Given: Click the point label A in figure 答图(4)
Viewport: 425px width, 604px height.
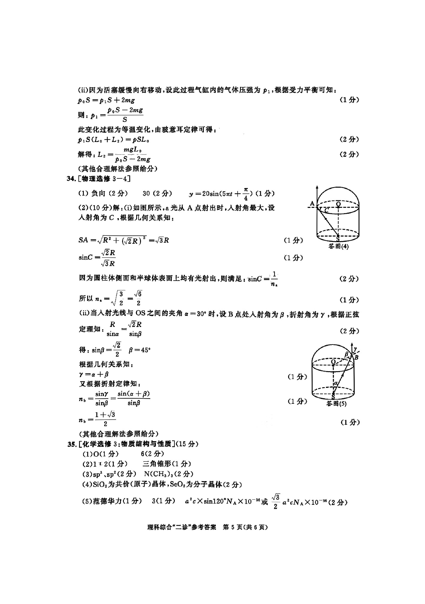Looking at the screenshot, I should click(x=312, y=204).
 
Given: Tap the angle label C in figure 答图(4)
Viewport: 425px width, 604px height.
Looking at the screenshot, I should click(x=327, y=210).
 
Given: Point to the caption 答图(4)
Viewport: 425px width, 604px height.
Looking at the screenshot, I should click(x=338, y=247).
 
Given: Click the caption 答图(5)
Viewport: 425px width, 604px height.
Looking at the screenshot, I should click(x=336, y=403).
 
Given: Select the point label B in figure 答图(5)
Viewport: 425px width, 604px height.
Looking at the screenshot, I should click(x=356, y=357).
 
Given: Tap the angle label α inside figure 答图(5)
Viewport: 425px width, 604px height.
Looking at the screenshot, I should click(x=336, y=383).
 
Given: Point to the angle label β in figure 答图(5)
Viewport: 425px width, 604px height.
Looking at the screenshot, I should click(x=347, y=354).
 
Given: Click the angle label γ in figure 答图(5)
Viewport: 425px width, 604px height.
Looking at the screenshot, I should click(x=355, y=348).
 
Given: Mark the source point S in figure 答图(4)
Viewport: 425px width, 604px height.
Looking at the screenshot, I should click(x=338, y=239).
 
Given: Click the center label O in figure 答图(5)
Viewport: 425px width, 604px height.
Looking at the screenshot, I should click(x=333, y=362).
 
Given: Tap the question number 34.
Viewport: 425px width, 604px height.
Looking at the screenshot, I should click(x=71, y=179).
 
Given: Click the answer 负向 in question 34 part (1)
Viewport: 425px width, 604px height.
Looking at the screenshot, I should click(x=98, y=193).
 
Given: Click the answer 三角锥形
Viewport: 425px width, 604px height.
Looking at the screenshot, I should click(x=157, y=464).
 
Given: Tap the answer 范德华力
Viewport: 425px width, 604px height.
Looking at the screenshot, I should click(x=107, y=501).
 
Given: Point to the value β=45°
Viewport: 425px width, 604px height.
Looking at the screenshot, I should click(x=139, y=350).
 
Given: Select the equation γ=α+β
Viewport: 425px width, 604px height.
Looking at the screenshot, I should click(x=94, y=374).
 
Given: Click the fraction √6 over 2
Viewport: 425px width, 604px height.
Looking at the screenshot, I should click(x=138, y=298).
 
